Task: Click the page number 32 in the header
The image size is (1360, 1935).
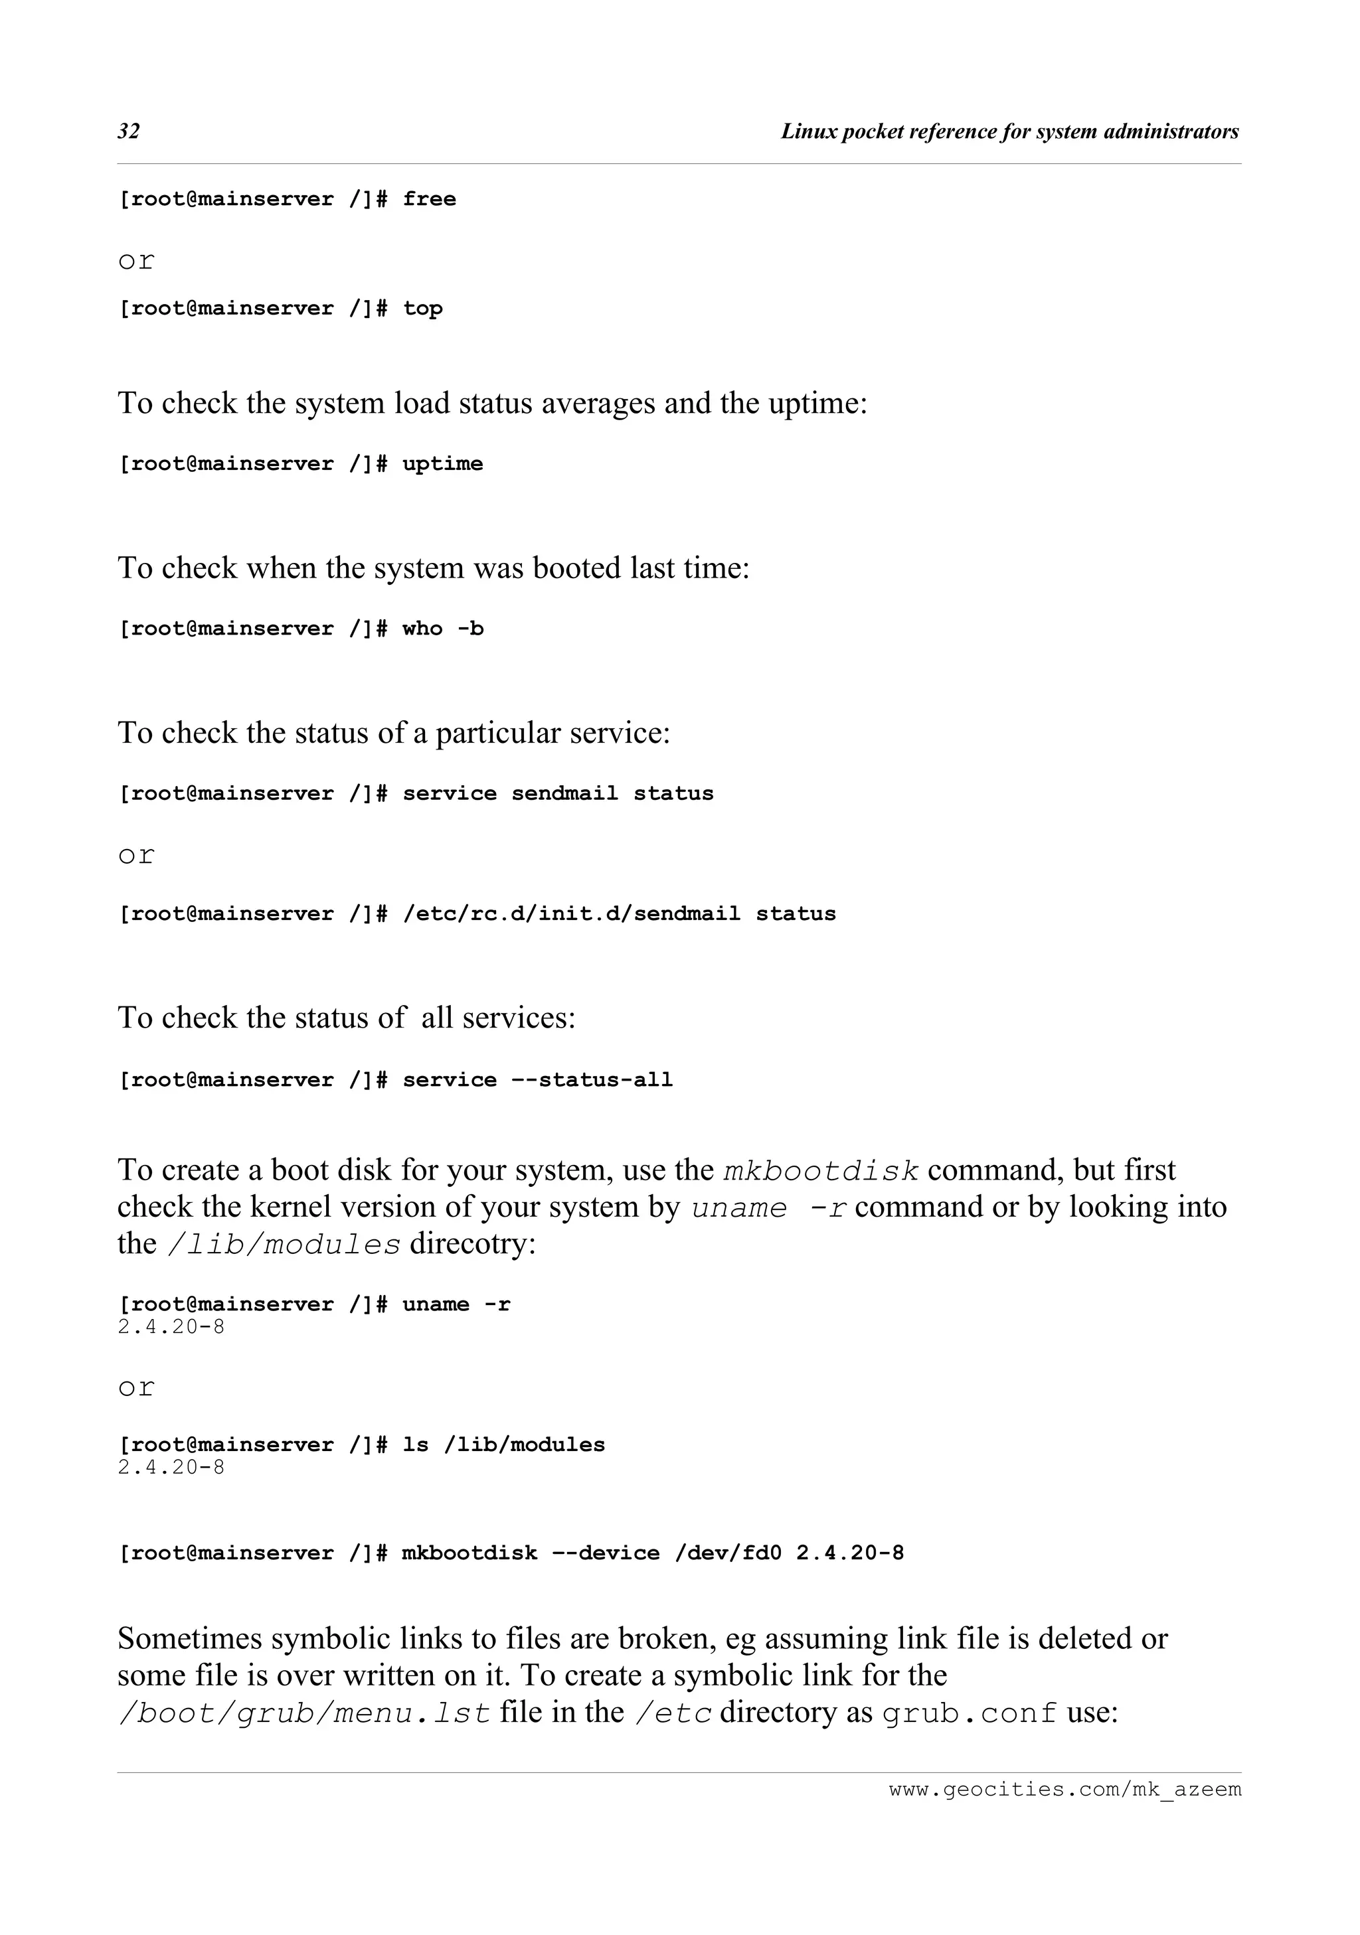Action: [129, 131]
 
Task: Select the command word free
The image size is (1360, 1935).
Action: [429, 200]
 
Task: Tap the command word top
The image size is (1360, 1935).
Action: [422, 309]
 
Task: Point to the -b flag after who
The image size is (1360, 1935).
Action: [470, 629]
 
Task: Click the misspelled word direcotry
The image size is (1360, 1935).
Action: [472, 1244]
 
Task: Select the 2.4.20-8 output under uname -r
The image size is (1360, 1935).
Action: [171, 1328]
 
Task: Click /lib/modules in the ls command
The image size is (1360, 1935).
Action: [525, 1445]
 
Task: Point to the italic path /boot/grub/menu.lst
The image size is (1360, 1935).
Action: [303, 1713]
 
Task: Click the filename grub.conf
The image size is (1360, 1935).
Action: [970, 1713]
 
